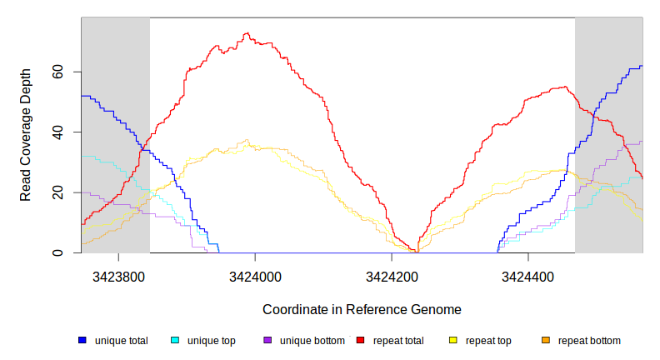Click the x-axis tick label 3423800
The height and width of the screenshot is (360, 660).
(119, 274)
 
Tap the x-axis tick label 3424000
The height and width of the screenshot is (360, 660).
(256, 274)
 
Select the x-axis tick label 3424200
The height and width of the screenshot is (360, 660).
(392, 274)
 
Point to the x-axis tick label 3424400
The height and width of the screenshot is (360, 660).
(527, 274)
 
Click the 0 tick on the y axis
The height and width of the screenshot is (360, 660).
(59, 252)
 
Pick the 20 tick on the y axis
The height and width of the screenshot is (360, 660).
(59, 192)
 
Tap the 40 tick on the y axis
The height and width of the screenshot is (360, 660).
(59, 132)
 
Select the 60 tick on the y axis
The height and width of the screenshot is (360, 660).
(59, 72)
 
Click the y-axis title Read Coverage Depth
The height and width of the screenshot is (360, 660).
(26, 135)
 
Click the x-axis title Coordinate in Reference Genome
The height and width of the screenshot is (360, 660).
(362, 309)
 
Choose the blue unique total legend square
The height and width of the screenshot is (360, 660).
(82, 341)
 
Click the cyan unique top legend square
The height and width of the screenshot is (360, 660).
(175, 341)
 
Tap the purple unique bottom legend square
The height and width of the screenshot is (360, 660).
(267, 341)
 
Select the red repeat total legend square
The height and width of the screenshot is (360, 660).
(361, 341)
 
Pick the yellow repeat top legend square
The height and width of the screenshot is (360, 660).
(453, 341)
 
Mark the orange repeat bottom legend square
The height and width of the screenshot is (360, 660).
(546, 341)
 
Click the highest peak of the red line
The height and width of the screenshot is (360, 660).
(246, 34)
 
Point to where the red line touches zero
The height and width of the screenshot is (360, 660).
(416, 252)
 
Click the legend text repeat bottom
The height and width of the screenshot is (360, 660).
(589, 341)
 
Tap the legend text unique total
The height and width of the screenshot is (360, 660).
(122, 341)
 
